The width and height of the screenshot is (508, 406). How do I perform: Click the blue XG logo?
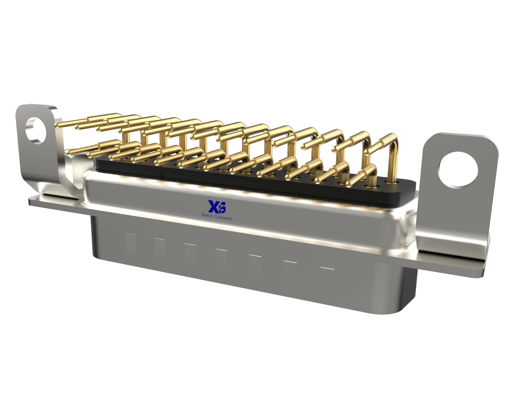[217, 206]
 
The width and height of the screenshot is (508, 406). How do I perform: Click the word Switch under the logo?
[207, 215]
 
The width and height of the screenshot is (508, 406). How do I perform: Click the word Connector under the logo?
[223, 218]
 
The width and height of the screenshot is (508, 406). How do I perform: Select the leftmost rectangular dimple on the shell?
[131, 243]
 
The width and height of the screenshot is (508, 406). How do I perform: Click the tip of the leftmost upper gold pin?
[58, 125]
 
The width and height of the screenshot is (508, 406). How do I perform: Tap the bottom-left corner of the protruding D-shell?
[95, 254]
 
